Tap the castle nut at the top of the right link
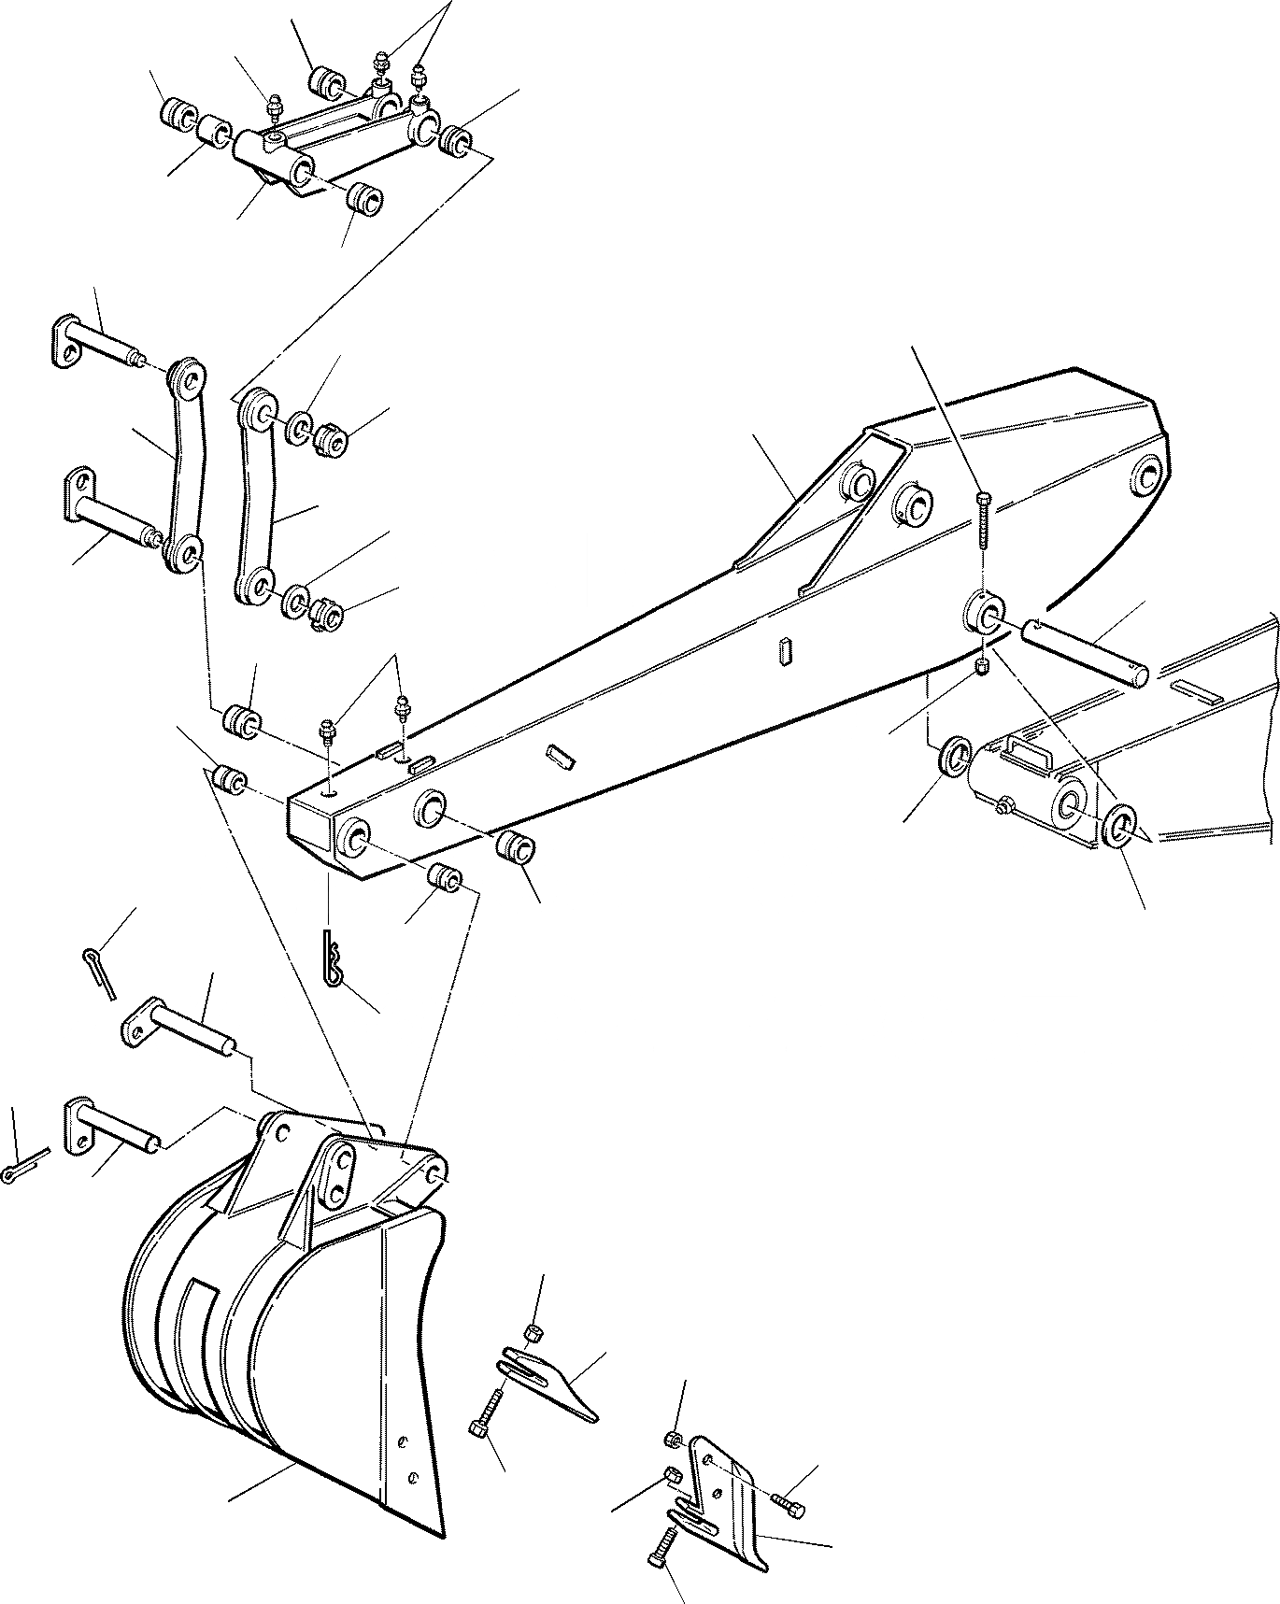(x=331, y=435)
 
